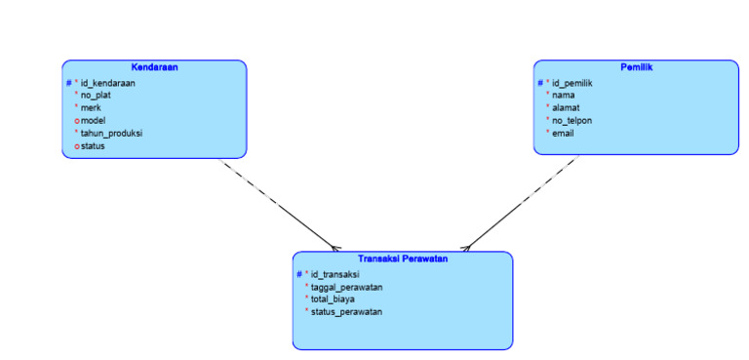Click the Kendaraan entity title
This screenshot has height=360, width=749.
(x=154, y=67)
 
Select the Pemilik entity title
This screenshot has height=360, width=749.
(x=636, y=67)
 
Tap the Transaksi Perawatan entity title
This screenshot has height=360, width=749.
(x=403, y=259)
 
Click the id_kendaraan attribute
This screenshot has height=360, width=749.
(x=107, y=83)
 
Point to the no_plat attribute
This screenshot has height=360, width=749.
(x=96, y=96)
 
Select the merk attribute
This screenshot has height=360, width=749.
(x=91, y=108)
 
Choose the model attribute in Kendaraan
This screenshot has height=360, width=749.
(x=94, y=120)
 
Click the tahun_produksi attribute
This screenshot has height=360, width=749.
(x=112, y=133)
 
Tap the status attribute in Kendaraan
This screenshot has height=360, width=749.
(x=93, y=145)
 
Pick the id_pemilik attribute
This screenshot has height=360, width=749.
(x=572, y=83)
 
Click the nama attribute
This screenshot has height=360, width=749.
(x=563, y=96)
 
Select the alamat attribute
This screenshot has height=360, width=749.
(x=566, y=108)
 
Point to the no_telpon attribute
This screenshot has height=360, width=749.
(x=572, y=120)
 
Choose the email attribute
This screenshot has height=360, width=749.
(x=563, y=133)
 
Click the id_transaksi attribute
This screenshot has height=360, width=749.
(x=337, y=274)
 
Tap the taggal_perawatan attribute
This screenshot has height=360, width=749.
(x=346, y=287)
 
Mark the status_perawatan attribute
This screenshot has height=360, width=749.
(x=346, y=312)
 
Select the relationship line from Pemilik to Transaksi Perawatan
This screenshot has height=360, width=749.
(x=522, y=202)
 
